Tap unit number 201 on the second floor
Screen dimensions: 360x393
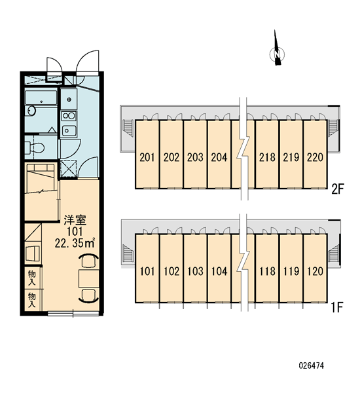[x=147, y=157]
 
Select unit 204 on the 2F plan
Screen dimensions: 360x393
[x=219, y=157]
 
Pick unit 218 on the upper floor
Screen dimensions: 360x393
[x=267, y=157]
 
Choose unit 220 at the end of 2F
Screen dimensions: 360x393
[x=315, y=157]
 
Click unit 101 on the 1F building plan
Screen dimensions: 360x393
[x=147, y=271]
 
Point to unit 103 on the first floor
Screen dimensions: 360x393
[x=196, y=271]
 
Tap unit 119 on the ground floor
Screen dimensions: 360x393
[x=291, y=271]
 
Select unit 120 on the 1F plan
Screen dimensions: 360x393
[x=315, y=271]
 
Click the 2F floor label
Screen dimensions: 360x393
[x=336, y=189]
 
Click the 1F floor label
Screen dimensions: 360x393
[x=336, y=308]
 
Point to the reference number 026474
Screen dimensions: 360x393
[x=312, y=365]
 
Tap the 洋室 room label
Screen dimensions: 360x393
[x=75, y=220]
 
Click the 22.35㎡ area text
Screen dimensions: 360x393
[x=75, y=243]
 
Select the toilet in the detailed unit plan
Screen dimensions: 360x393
[x=35, y=147]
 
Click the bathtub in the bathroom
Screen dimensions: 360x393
[x=41, y=98]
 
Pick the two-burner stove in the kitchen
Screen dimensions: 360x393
[x=69, y=116]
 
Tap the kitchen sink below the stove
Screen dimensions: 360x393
[x=69, y=130]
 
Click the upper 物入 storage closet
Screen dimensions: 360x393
[x=32, y=277]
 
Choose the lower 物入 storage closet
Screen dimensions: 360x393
[x=32, y=300]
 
